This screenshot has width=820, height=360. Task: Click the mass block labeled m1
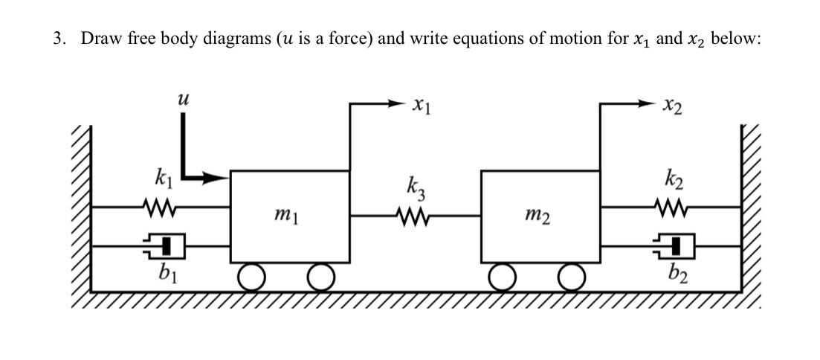point(290,216)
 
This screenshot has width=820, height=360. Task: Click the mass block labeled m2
point(540,216)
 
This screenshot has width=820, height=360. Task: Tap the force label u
point(178,97)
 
